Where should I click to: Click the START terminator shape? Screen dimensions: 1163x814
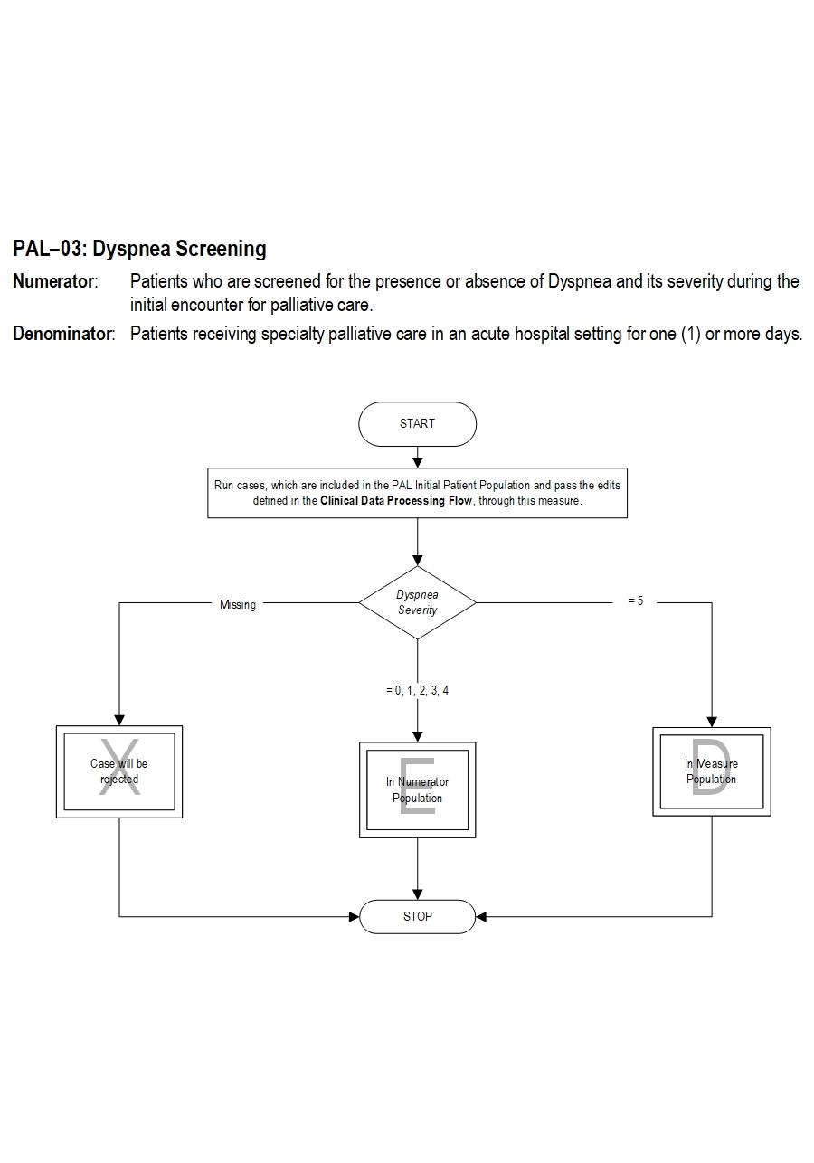417,424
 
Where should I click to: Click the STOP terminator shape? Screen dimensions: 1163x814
417,916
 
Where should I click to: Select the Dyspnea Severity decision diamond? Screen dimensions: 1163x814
417,602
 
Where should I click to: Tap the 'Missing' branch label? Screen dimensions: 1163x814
238,605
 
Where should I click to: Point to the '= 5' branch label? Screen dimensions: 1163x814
636,601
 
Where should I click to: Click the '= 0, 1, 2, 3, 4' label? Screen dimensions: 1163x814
417,691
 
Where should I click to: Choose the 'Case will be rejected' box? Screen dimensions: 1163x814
119,771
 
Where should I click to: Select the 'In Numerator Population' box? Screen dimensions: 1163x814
417,790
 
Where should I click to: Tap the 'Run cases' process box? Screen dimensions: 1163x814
417,493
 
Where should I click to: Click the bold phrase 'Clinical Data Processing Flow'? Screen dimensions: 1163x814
396,501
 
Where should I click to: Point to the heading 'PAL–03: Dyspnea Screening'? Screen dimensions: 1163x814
140,249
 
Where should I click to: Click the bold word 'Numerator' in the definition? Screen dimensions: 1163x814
53,281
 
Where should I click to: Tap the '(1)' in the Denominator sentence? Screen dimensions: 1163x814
690,334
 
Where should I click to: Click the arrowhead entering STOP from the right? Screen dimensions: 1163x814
481,917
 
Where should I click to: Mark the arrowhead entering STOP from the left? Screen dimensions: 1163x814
354,917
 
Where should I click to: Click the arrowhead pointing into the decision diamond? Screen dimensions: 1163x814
417,560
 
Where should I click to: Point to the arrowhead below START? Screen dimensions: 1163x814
417,463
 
